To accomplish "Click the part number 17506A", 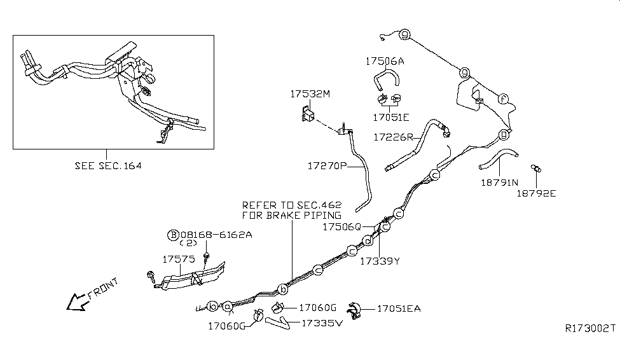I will click(385, 62).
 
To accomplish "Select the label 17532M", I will click(310, 94).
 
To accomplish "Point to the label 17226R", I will click(393, 137).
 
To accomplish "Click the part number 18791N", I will click(499, 181).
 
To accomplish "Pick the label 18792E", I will click(535, 193).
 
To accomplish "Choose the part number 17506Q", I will click(341, 226).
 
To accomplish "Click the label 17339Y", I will click(380, 260).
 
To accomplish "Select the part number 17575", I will click(179, 260).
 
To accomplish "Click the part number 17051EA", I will click(399, 309).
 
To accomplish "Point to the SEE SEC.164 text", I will click(107, 165).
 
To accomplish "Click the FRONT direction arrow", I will click(79, 301).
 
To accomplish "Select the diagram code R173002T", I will click(590, 328).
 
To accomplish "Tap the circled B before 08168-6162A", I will click(172, 235).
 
